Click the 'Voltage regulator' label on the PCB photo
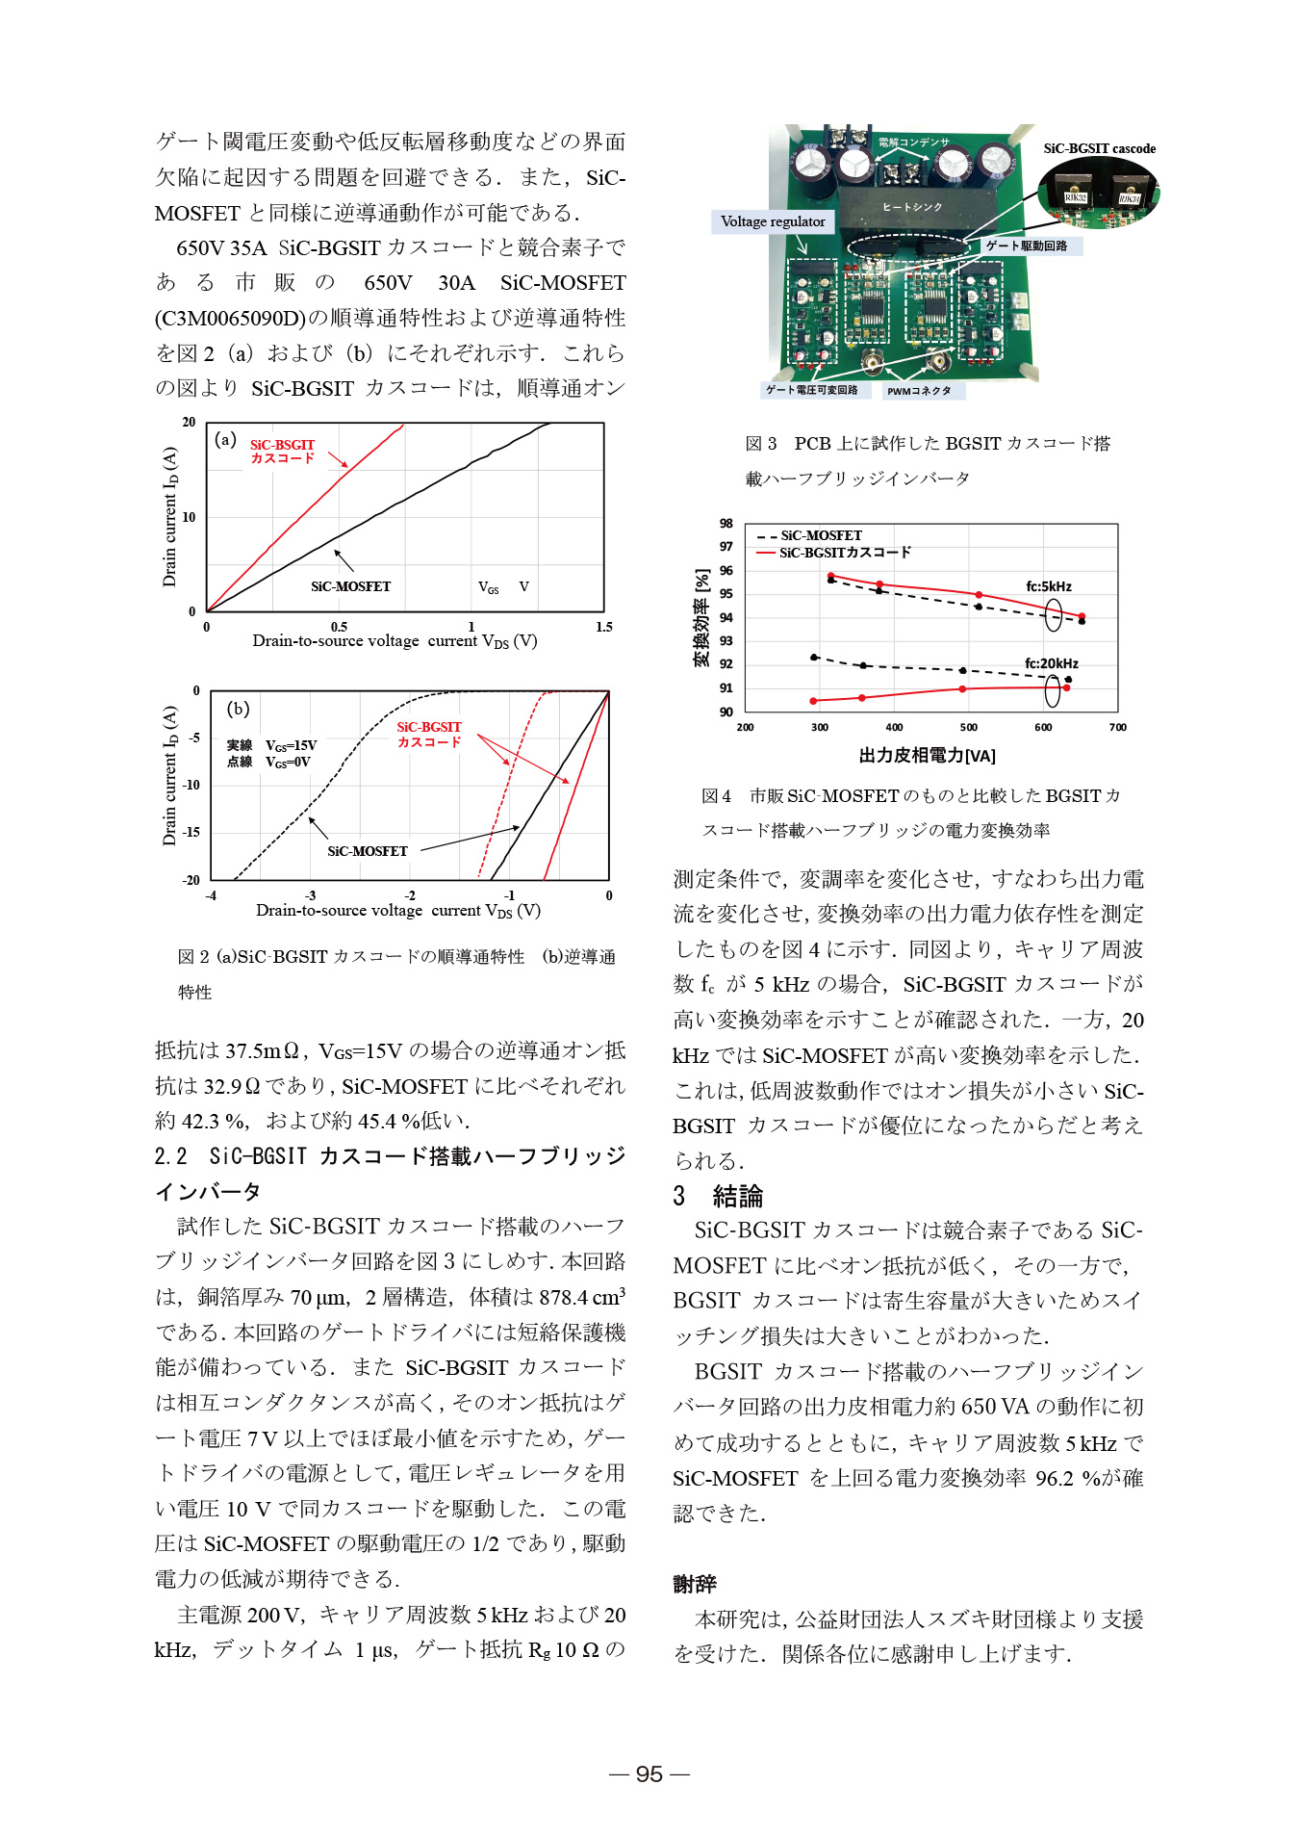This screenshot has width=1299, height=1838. coord(773,221)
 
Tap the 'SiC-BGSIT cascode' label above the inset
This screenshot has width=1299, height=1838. coord(1099,148)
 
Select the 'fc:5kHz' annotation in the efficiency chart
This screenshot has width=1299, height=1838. coord(1048,586)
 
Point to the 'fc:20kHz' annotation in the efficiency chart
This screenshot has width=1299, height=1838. coord(1051,663)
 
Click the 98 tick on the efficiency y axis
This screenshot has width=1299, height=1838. coord(726,524)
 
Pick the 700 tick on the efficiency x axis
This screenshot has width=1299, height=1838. coord(1117,727)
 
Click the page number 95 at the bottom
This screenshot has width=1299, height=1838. coord(649,1773)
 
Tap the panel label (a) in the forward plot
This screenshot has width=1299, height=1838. coord(225,439)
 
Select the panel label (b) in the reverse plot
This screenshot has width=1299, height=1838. coord(238,709)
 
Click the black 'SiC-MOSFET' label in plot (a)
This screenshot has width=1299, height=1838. coord(350,586)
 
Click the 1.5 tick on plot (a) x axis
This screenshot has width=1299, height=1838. coord(603,627)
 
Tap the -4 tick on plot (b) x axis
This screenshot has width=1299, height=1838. coord(211,895)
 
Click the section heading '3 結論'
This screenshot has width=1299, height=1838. coord(718,1196)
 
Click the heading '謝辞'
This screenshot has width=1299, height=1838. coord(695,1584)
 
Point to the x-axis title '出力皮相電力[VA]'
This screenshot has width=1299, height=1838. coord(927,756)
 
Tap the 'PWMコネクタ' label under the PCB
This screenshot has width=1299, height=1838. coord(919,391)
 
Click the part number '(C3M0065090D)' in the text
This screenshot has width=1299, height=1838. coord(230,318)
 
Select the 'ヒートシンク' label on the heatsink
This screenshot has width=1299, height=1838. coord(911,207)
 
